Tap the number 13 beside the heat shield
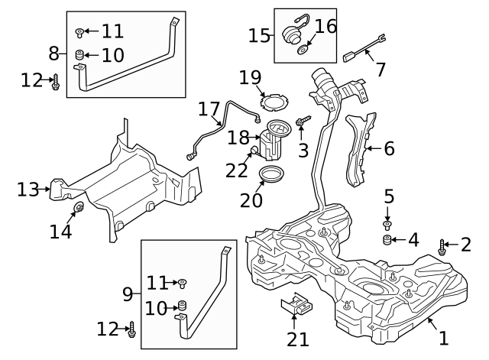coord(28,189)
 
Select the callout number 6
coord(389,148)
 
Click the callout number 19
coord(250,77)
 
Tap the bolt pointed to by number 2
coord(443,247)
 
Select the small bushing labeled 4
coord(387,242)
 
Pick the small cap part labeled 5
coord(387,224)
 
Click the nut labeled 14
coord(77,209)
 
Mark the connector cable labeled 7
coord(365,53)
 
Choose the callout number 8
coord(53,54)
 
